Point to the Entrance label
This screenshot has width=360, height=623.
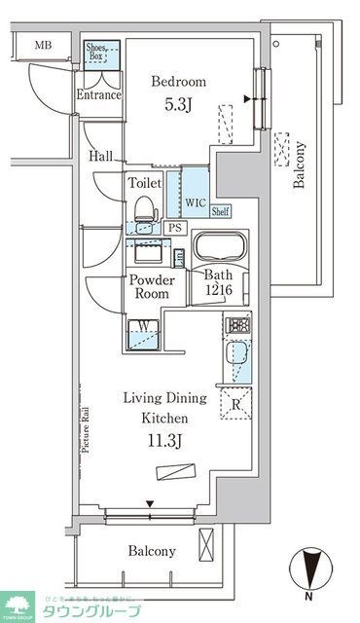(98, 95)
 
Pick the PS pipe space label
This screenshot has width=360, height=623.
(174, 228)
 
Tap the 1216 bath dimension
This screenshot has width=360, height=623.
(218, 291)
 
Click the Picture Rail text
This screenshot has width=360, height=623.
(87, 429)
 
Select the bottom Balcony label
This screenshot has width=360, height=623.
(152, 551)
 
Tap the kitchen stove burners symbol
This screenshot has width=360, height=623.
(236, 326)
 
